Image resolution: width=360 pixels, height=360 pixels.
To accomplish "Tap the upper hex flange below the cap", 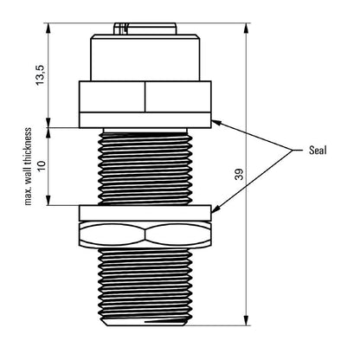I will click(145, 98).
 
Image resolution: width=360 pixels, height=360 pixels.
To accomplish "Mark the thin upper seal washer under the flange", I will click(145, 121).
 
